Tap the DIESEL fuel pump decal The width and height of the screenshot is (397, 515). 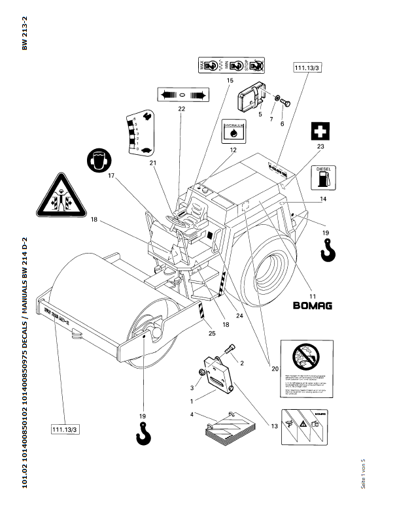(x=323, y=176)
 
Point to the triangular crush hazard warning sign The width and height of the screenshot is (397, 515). (x=59, y=195)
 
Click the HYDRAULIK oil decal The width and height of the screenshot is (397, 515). (x=233, y=130)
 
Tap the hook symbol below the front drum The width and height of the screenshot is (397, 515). (x=143, y=433)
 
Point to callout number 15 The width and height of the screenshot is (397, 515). (x=230, y=80)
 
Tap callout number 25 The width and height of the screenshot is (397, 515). (x=211, y=334)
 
